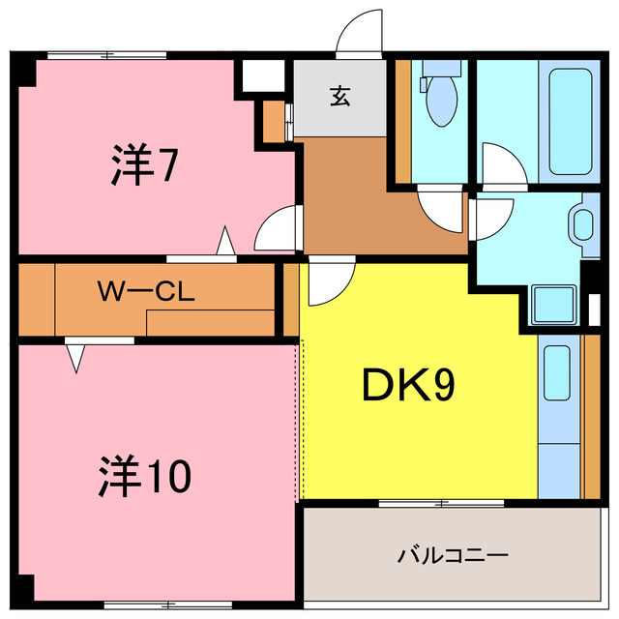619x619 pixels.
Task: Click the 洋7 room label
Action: pyautogui.click(x=145, y=164)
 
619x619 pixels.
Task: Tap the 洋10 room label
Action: pyautogui.click(x=144, y=476)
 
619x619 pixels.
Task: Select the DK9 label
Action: pyautogui.click(x=408, y=385)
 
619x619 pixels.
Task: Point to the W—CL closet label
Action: pyautogui.click(x=146, y=291)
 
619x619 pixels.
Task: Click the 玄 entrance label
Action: pyautogui.click(x=339, y=96)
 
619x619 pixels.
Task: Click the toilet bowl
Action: pyautogui.click(x=442, y=101)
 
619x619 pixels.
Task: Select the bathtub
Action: pyautogui.click(x=570, y=122)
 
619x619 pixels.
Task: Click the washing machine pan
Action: pyautogui.click(x=553, y=305)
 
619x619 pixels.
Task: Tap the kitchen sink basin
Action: pyautogui.click(x=557, y=373)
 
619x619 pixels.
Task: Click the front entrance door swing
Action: pyautogui.click(x=359, y=32)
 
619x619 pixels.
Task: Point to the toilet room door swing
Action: pyautogui.click(x=441, y=211)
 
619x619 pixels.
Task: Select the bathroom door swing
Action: pyautogui.click(x=505, y=163)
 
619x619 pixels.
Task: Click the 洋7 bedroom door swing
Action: pyautogui.click(x=278, y=228)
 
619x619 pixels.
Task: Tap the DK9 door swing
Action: pyautogui.click(x=332, y=280)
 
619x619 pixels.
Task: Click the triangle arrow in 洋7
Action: pyautogui.click(x=225, y=241)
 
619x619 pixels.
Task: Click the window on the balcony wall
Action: pyautogui.click(x=441, y=503)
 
